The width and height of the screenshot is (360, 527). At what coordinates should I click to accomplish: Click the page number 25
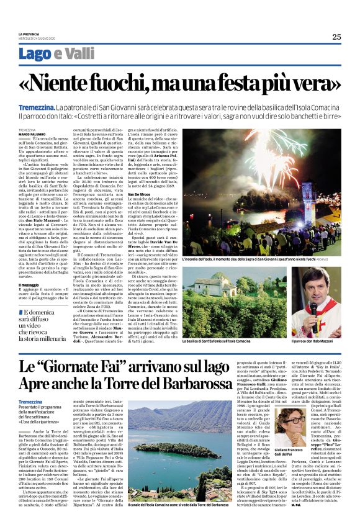[336, 37]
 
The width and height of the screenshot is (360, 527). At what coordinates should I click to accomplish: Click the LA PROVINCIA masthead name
[29, 34]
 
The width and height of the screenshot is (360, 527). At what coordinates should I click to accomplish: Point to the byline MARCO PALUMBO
[31, 133]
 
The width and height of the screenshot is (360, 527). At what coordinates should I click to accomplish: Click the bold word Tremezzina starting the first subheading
[36, 108]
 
